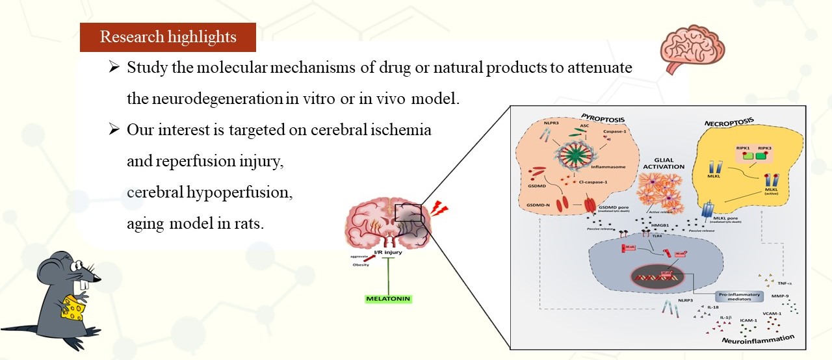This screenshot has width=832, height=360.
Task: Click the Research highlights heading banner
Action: [x=168, y=37]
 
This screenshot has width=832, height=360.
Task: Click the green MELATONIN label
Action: [x=389, y=300]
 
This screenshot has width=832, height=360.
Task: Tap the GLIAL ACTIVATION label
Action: [x=660, y=162]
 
